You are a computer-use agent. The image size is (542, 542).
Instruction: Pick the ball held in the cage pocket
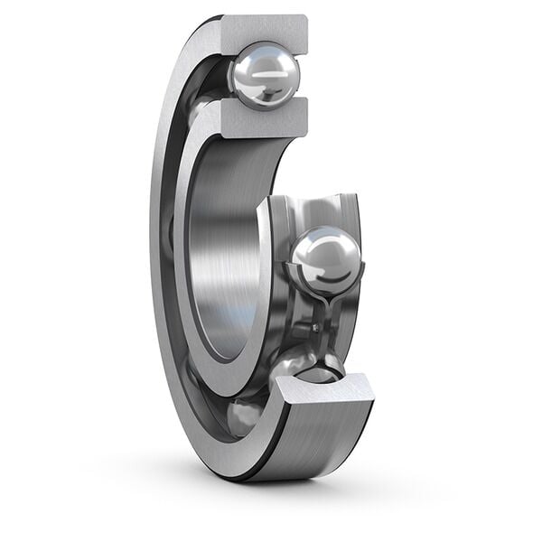coord(326,259)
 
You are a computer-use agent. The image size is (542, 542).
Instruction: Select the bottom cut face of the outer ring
coord(325,390)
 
